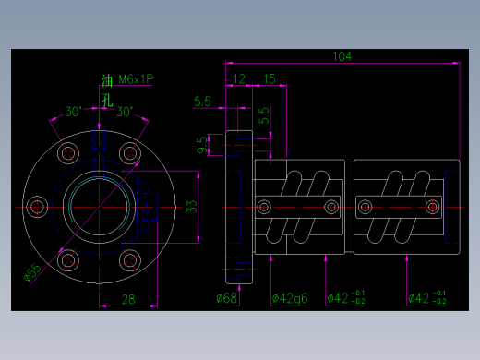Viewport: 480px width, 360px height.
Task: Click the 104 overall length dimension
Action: click(x=342, y=57)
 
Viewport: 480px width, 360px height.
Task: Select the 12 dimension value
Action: click(x=239, y=79)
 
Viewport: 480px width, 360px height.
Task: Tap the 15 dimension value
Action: click(x=269, y=79)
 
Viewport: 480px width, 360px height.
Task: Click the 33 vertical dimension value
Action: click(x=192, y=207)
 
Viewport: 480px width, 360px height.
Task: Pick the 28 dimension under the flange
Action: click(x=128, y=298)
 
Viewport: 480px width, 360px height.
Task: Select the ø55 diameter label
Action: click(x=31, y=273)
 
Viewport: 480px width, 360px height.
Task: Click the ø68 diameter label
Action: click(x=227, y=298)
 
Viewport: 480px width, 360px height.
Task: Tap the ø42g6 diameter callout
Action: click(x=289, y=298)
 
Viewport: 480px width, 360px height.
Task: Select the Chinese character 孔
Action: click(x=106, y=100)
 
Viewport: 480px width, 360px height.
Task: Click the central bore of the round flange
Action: click(x=99, y=206)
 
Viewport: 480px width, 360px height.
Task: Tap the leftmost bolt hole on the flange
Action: click(x=38, y=206)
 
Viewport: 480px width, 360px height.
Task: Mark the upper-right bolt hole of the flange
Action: click(x=129, y=153)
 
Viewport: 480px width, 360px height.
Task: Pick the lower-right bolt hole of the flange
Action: click(x=129, y=259)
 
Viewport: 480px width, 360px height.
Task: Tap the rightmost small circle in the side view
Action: click(x=431, y=206)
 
